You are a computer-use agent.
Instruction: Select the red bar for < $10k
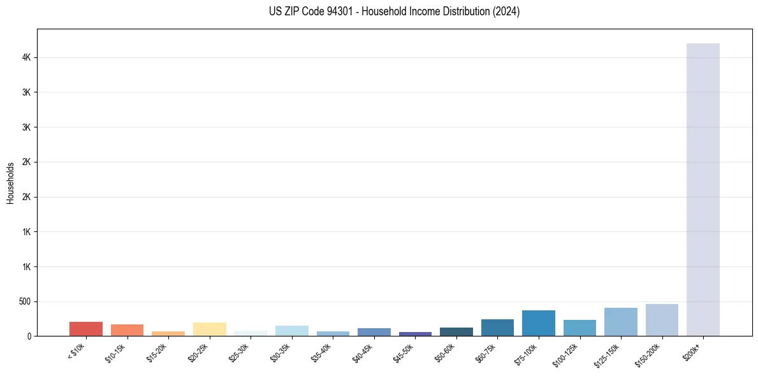pyautogui.click(x=86, y=329)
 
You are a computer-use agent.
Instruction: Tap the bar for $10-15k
pyautogui.click(x=127, y=330)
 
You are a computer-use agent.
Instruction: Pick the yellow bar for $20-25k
pyautogui.click(x=209, y=329)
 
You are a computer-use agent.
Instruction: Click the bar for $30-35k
pyautogui.click(x=291, y=331)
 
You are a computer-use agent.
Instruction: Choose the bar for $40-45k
pyautogui.click(x=374, y=332)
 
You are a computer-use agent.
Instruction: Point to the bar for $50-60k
pyautogui.click(x=456, y=331)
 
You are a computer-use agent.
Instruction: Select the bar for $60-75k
pyautogui.click(x=497, y=328)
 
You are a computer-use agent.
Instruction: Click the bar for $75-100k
pyautogui.click(x=538, y=323)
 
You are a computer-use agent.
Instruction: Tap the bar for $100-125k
pyautogui.click(x=579, y=328)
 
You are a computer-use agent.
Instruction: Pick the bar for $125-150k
pyautogui.click(x=620, y=322)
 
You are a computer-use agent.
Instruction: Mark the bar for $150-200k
pyautogui.click(x=662, y=320)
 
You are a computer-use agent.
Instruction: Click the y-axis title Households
pyautogui.click(x=10, y=183)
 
